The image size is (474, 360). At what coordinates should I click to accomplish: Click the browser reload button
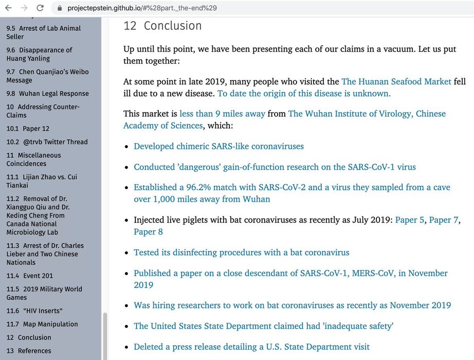(39, 8)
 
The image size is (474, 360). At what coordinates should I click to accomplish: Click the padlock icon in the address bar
(60, 8)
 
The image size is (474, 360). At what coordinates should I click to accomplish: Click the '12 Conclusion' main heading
(162, 26)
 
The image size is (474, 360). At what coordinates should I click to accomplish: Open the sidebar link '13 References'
(29, 351)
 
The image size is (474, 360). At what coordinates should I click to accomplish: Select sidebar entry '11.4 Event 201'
(30, 276)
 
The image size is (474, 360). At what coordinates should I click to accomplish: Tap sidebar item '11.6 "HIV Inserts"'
(34, 311)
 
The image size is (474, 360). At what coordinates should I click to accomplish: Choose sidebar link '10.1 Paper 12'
(28, 129)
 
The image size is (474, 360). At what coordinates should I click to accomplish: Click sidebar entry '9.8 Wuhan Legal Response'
(47, 94)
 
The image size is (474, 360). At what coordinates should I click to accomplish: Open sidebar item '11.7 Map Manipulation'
(42, 324)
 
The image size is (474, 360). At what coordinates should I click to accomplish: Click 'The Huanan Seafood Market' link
(396, 81)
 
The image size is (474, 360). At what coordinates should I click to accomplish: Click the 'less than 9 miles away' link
(222, 113)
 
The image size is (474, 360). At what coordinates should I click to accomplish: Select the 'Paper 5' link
(410, 220)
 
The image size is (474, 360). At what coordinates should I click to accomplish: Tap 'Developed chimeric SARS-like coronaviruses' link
(218, 146)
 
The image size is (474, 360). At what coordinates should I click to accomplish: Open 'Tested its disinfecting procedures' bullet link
(241, 253)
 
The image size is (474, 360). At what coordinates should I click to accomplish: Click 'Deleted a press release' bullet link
(251, 347)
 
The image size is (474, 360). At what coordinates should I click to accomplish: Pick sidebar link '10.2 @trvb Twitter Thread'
(47, 142)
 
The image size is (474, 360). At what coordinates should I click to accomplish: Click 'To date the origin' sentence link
(304, 94)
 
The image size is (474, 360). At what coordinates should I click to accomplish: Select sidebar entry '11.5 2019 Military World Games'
(44, 293)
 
